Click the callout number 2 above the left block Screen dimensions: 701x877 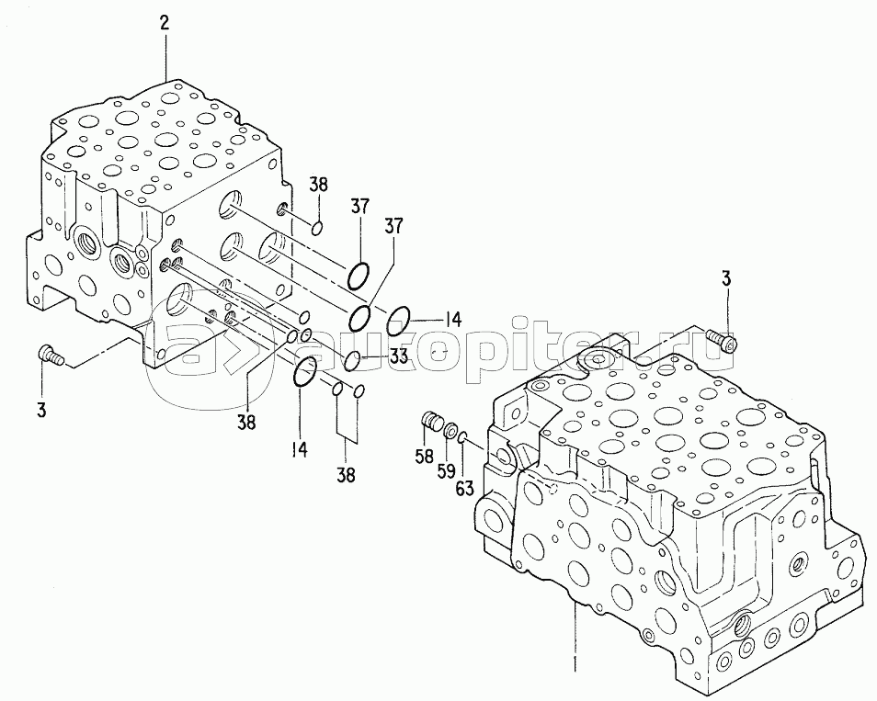point(165,24)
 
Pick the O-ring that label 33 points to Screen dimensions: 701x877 point(351,356)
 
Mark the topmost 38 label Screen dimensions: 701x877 point(318,185)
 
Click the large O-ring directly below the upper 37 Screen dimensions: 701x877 point(359,274)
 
